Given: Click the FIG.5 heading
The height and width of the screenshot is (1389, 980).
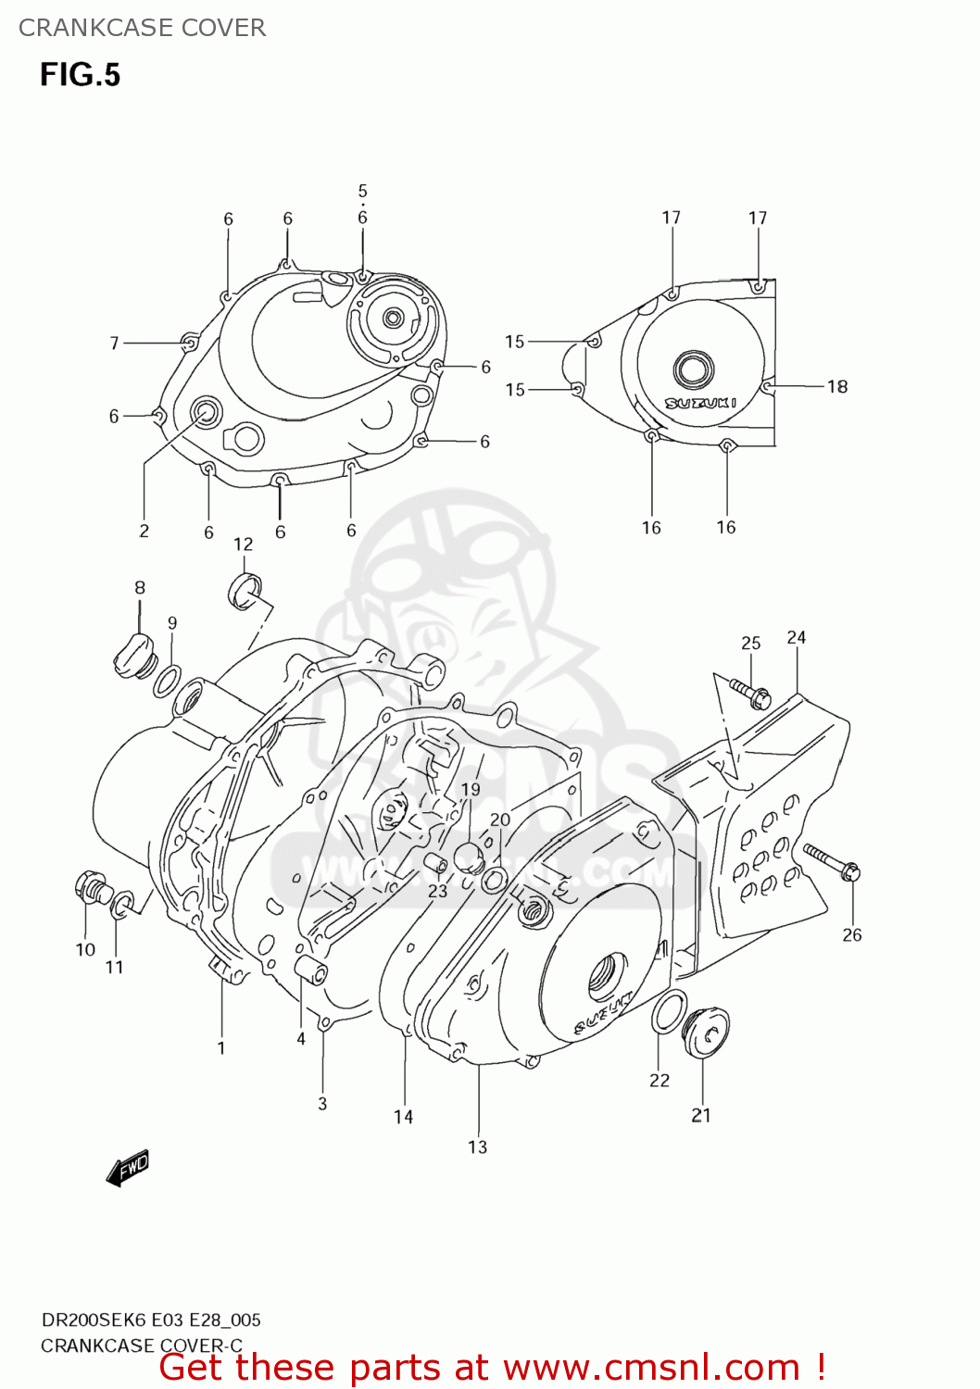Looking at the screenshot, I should (x=80, y=75).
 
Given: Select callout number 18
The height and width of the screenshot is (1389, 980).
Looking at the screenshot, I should (x=837, y=386).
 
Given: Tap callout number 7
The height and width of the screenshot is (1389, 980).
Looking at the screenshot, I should (x=115, y=344).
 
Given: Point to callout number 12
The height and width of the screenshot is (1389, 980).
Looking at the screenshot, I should (x=243, y=544).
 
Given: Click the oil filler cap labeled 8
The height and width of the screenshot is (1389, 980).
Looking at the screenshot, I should (x=132, y=654).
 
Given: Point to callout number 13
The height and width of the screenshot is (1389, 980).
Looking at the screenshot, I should (x=477, y=1147).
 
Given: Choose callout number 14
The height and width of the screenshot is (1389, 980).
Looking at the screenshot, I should (x=403, y=1117).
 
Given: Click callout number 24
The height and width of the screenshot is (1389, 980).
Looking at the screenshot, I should (x=797, y=637).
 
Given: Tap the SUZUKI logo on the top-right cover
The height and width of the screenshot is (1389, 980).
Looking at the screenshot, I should (x=701, y=403).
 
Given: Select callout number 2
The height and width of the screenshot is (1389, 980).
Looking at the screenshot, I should (x=144, y=531).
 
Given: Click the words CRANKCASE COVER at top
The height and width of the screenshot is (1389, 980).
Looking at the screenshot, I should (x=142, y=28).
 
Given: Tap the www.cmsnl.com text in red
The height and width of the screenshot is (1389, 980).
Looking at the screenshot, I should (x=651, y=1367).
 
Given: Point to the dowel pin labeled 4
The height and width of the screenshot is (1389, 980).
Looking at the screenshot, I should (x=310, y=971).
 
